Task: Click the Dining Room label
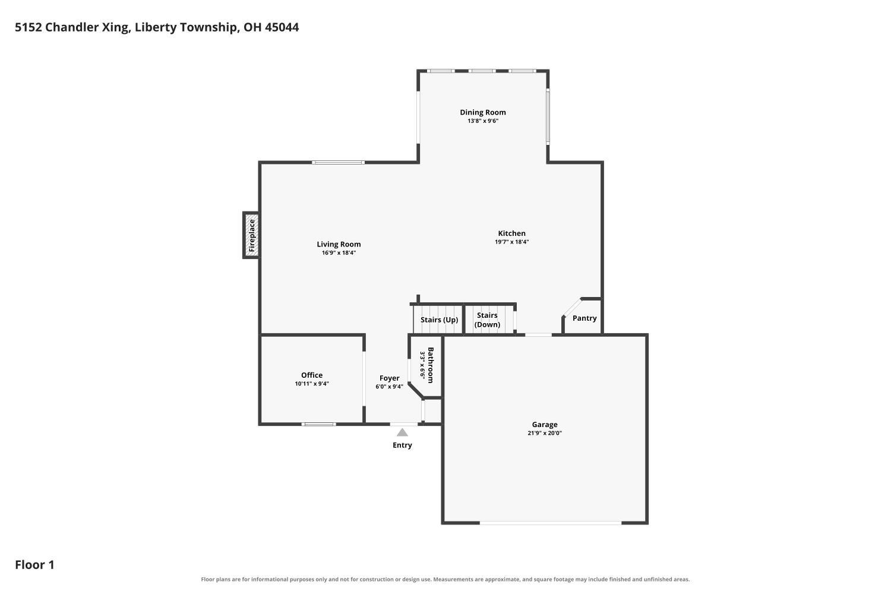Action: pyautogui.click(x=483, y=112)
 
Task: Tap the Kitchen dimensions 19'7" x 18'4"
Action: pyautogui.click(x=511, y=242)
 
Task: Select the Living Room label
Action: pyautogui.click(x=339, y=244)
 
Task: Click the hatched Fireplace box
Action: pyautogui.click(x=251, y=235)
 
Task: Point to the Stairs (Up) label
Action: pyautogui.click(x=439, y=320)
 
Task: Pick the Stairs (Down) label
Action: pyautogui.click(x=487, y=320)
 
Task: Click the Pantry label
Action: pyautogui.click(x=584, y=318)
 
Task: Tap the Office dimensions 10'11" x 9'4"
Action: pyautogui.click(x=312, y=384)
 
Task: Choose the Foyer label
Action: pyautogui.click(x=389, y=378)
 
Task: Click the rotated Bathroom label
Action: pyautogui.click(x=431, y=365)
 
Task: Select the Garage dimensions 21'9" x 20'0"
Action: pyautogui.click(x=545, y=433)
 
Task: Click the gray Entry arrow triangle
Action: pyautogui.click(x=402, y=432)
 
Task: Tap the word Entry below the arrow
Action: pyautogui.click(x=402, y=445)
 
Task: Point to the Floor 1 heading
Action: pyautogui.click(x=34, y=564)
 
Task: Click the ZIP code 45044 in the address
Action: pyautogui.click(x=282, y=27)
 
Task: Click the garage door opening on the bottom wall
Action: pyautogui.click(x=551, y=523)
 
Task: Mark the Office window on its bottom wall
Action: pyautogui.click(x=318, y=424)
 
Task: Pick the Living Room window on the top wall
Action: pyautogui.click(x=338, y=162)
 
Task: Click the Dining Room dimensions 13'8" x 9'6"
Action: pyautogui.click(x=483, y=121)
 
